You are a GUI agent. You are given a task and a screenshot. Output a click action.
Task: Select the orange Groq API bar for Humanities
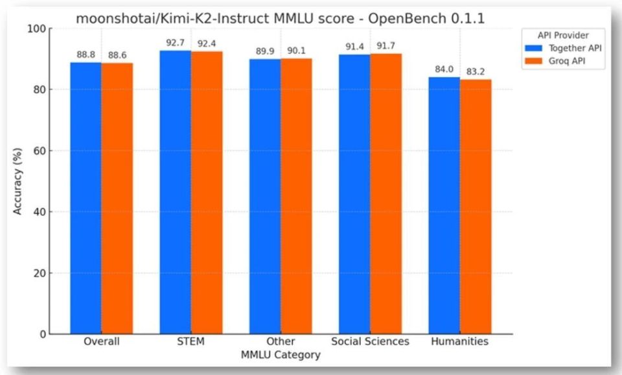(476, 207)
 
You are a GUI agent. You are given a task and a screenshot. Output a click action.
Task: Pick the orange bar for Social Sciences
(386, 194)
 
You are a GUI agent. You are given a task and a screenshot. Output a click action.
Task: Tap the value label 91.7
(386, 46)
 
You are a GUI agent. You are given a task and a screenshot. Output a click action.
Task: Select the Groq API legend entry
(567, 62)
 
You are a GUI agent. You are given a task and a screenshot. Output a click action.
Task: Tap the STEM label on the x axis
(190, 341)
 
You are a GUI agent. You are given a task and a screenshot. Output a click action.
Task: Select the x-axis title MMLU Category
(281, 355)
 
